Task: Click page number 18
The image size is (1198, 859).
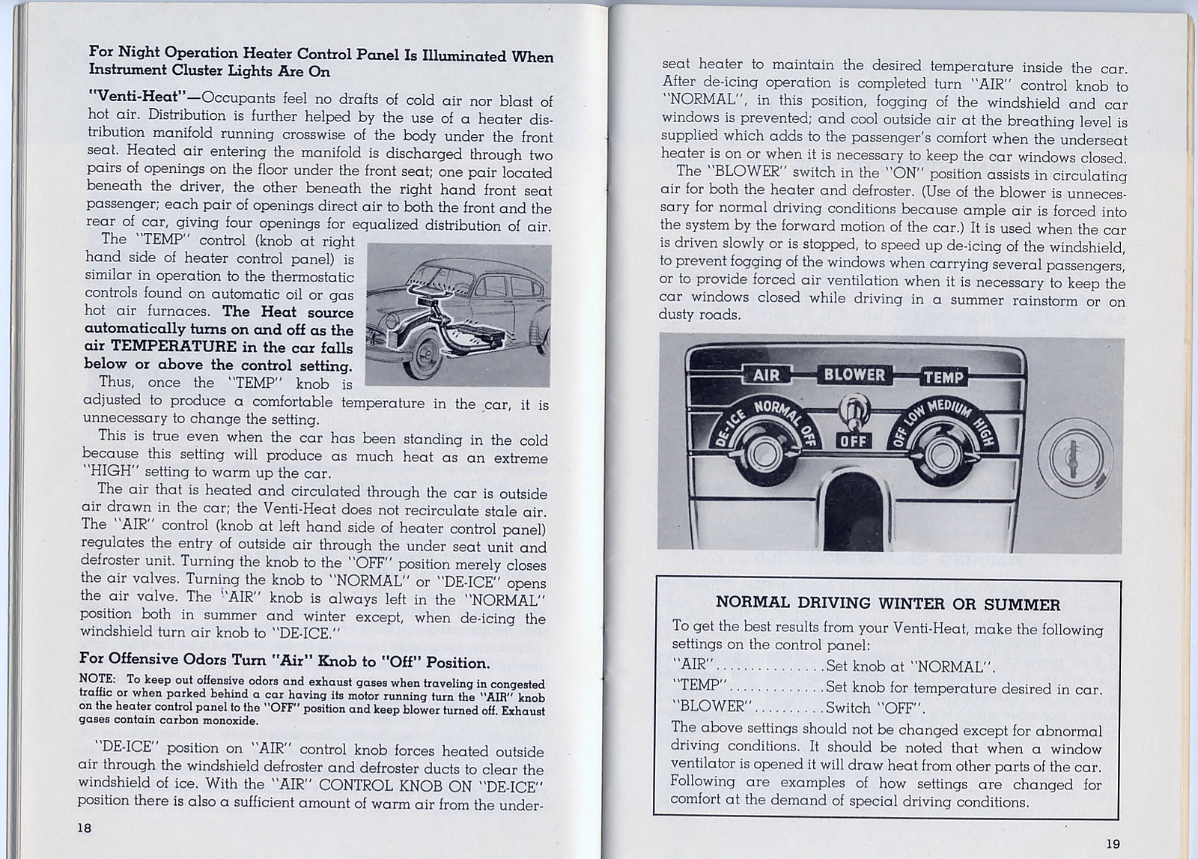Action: pos(84,827)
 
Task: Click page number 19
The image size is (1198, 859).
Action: pos(1113,843)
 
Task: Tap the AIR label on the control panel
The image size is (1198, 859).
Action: pos(766,374)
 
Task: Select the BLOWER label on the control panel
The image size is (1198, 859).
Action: pos(854,374)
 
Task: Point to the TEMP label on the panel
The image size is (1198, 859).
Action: pos(943,377)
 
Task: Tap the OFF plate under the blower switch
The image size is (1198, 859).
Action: pos(853,440)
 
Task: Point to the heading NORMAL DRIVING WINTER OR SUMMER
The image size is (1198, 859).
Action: pos(887,604)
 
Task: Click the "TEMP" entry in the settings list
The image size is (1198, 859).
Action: pos(699,686)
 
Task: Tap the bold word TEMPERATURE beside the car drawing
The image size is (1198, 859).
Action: pos(174,346)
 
